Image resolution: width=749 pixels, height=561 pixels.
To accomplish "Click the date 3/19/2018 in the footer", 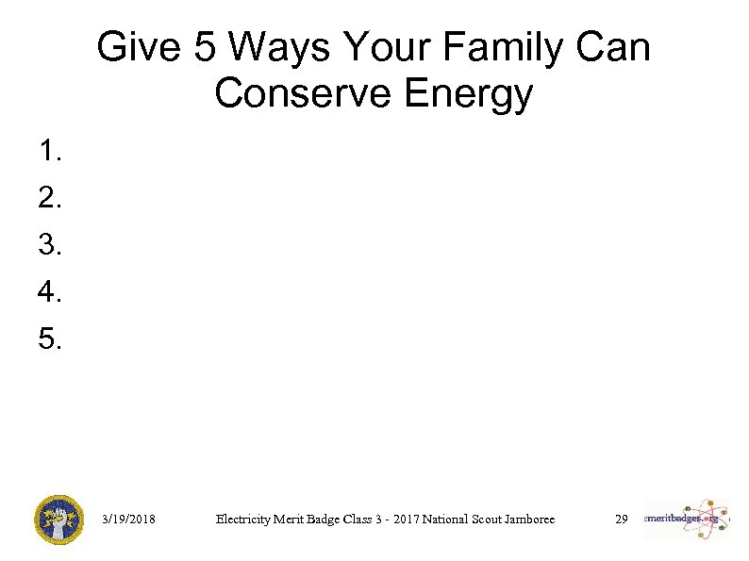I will [128, 520].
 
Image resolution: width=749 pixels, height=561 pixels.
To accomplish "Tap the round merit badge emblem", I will [58, 520].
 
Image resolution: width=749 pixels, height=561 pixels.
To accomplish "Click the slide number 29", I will [621, 520].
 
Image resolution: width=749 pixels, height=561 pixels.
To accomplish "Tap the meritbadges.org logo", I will [686, 520].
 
